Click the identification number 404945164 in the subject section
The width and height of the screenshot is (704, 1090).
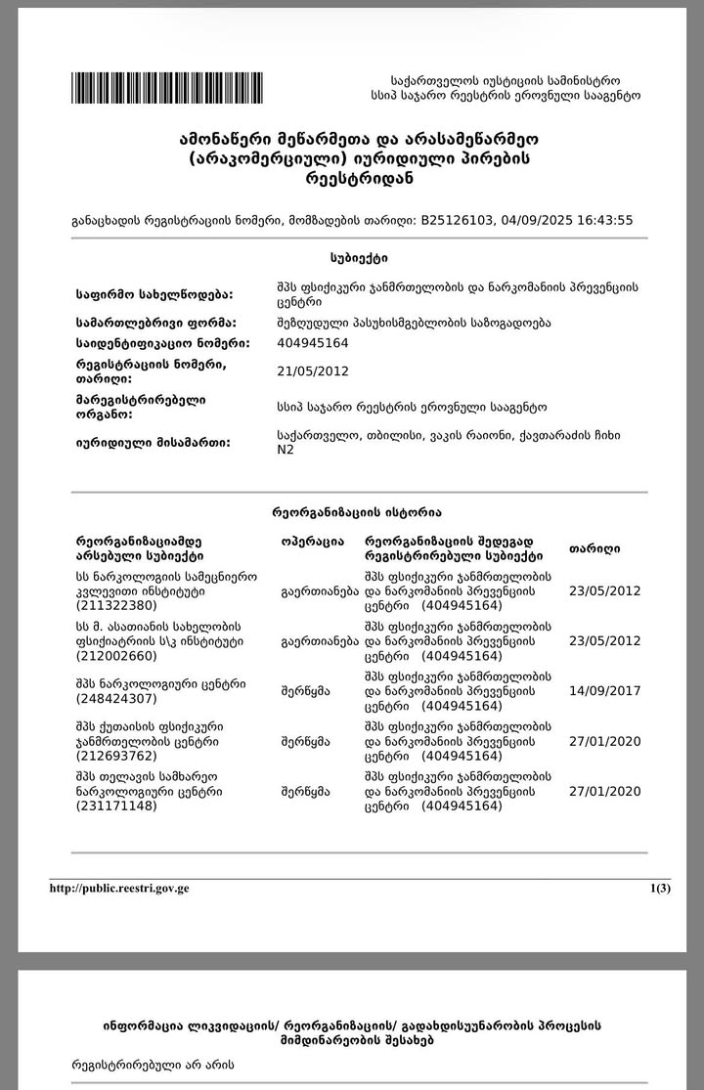click(313, 343)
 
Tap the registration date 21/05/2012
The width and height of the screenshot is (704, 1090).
click(313, 371)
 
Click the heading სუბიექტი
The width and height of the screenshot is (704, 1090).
click(359, 258)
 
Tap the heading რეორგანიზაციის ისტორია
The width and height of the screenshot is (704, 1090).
click(356, 512)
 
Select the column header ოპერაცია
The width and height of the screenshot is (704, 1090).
click(312, 541)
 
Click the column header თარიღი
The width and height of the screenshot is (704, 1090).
click(594, 548)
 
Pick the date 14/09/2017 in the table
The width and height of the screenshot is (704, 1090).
click(604, 691)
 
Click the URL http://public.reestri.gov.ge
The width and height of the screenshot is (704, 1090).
click(119, 889)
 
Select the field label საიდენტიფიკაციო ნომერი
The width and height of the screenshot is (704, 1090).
click(162, 343)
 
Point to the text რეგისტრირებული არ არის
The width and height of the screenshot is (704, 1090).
click(153, 1064)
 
